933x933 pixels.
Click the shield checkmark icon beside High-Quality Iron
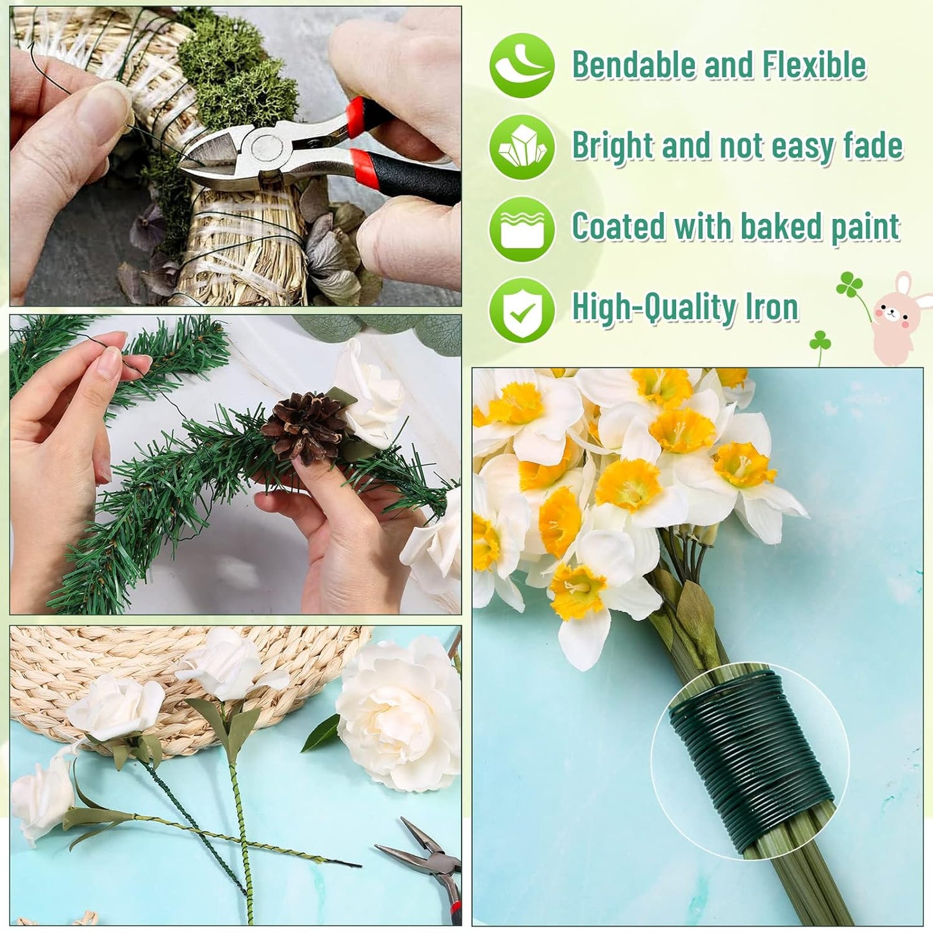522,310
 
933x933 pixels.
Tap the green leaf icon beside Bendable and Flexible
522,65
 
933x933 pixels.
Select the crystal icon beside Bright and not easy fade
522,147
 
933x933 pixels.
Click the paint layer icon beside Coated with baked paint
522,229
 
